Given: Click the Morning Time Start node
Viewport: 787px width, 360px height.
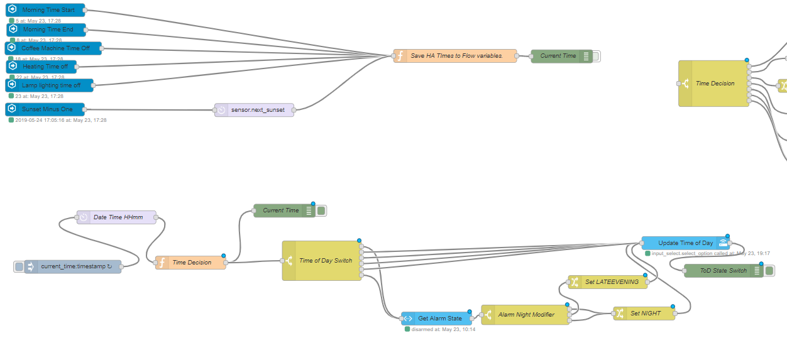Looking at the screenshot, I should (x=48, y=10).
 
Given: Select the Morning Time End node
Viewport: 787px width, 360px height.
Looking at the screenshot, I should (x=48, y=30).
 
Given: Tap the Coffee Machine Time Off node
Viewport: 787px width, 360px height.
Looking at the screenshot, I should (x=55, y=48).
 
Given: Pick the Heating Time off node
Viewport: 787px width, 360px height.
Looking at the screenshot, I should (x=45, y=67).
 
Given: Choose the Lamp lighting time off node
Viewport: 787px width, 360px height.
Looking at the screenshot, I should (x=51, y=85).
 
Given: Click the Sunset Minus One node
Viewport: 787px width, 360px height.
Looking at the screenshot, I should (x=47, y=109).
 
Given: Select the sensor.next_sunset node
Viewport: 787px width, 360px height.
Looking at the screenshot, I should (x=257, y=110).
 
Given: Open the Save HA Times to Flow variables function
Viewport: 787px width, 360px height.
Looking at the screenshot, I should (x=456, y=56).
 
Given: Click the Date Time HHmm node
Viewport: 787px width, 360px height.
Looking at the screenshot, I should (x=118, y=217).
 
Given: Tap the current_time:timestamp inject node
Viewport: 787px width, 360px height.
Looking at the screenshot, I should (x=75, y=266).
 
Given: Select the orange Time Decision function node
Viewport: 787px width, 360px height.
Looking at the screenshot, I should (x=191, y=263).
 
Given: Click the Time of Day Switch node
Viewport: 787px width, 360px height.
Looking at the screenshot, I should (x=324, y=261).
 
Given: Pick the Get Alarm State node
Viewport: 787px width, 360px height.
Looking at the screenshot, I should (x=439, y=319).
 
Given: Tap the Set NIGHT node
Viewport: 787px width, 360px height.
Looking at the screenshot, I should (x=645, y=313).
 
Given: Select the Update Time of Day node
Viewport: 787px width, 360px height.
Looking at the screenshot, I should (x=685, y=243).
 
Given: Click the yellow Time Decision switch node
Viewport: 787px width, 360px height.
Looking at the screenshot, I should (x=714, y=84).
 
